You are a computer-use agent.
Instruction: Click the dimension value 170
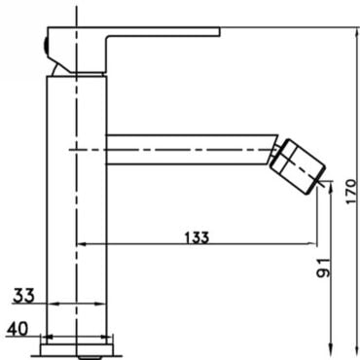click(351, 192)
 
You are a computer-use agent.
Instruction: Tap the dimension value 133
click(197, 237)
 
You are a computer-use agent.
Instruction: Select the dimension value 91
click(323, 268)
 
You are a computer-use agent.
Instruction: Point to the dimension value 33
click(23, 296)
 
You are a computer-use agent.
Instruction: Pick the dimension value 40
click(18, 329)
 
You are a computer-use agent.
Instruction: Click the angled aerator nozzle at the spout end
click(298, 167)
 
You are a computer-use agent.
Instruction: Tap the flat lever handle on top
click(133, 50)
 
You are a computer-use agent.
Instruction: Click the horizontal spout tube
click(192, 150)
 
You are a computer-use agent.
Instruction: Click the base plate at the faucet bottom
click(77, 349)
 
